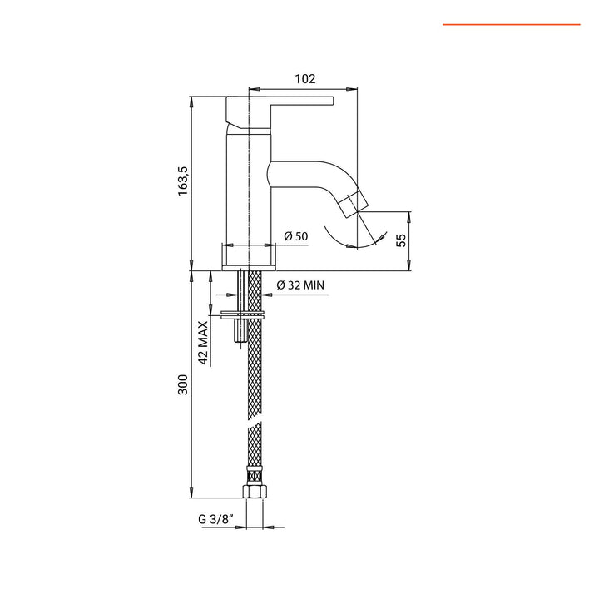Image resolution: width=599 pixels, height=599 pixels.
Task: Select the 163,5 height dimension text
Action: (184, 181)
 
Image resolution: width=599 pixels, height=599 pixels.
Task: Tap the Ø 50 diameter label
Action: (296, 237)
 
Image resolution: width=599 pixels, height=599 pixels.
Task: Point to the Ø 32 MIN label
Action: (299, 285)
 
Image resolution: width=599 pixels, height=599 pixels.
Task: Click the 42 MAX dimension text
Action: (203, 339)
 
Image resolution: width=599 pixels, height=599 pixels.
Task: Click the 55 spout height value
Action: (400, 240)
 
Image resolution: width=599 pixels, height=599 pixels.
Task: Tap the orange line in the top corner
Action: (511, 25)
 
